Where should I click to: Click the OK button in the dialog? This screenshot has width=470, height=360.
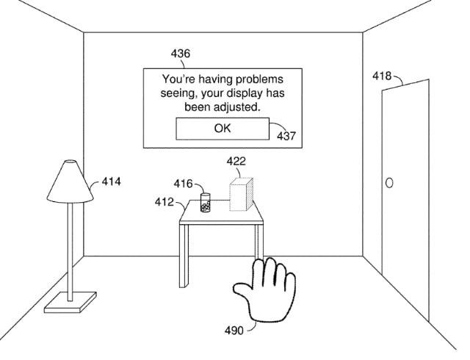click(x=222, y=128)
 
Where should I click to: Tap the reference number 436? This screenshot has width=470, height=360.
click(x=180, y=54)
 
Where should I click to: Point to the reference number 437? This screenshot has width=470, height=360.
click(x=287, y=136)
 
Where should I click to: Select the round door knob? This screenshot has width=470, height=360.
click(x=389, y=181)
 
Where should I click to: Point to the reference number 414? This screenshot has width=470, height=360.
click(x=111, y=180)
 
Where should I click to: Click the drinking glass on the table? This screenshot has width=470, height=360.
click(x=205, y=204)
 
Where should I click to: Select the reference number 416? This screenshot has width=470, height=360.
click(x=184, y=182)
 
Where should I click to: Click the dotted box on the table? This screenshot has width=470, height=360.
click(x=241, y=195)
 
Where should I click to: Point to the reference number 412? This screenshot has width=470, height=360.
click(x=164, y=201)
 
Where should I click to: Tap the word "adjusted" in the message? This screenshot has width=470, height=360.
click(x=237, y=107)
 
